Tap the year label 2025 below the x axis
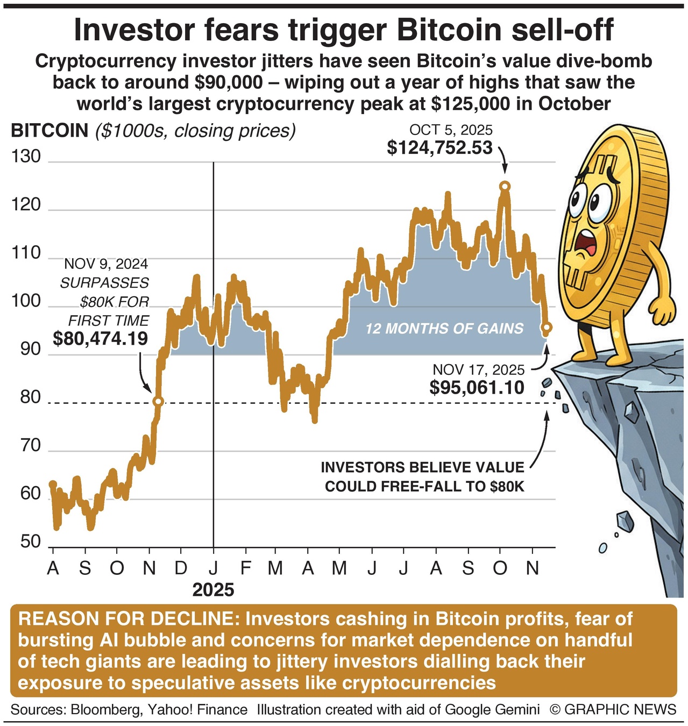pyautogui.click(x=213, y=590)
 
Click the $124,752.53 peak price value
pyautogui.click(x=439, y=147)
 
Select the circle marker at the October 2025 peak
pyautogui.click(x=504, y=186)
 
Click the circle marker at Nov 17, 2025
pyautogui.click(x=547, y=327)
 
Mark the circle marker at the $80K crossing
pyautogui.click(x=158, y=401)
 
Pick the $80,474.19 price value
pyautogui.click(x=101, y=339)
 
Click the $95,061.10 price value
pyautogui.click(x=477, y=387)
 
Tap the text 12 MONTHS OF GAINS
pyautogui.click(x=444, y=328)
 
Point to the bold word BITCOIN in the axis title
pyautogui.click(x=49, y=130)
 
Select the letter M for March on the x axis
pyautogui.click(x=275, y=568)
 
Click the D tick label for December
pyautogui.click(x=181, y=568)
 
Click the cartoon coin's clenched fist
pyautogui.click(x=663, y=312)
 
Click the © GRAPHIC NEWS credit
pyautogui.click(x=613, y=709)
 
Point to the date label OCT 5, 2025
pyautogui.click(x=451, y=130)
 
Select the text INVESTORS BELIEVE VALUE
pyautogui.click(x=422, y=467)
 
